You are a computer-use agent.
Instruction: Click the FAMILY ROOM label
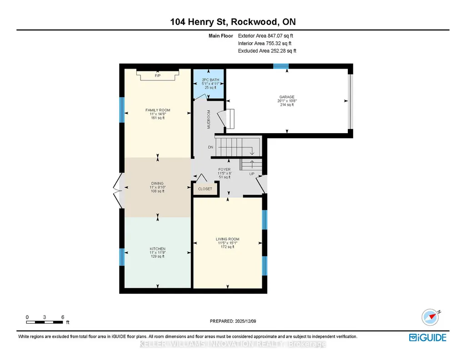(158, 110)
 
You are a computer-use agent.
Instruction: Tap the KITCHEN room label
(157, 249)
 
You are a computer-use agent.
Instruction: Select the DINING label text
(157, 183)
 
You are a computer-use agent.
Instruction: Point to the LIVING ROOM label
(227, 239)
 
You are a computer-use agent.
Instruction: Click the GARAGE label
(287, 97)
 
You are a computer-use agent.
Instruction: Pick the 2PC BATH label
(210, 80)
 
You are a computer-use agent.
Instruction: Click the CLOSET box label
(205, 189)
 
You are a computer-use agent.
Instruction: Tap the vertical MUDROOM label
(209, 120)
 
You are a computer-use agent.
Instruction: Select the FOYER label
(225, 169)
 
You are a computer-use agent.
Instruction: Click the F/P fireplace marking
(157, 76)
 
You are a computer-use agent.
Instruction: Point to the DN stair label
(210, 147)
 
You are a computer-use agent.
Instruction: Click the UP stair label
(252, 174)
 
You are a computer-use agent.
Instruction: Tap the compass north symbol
(430, 317)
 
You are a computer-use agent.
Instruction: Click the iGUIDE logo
(428, 337)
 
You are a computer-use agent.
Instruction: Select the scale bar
(45, 322)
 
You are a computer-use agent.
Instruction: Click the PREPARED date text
(233, 321)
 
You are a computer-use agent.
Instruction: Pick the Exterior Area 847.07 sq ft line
(266, 35)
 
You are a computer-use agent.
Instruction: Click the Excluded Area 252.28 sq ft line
(267, 51)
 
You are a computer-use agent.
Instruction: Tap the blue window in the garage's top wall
(281, 66)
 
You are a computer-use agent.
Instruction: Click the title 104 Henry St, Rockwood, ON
(233, 22)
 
